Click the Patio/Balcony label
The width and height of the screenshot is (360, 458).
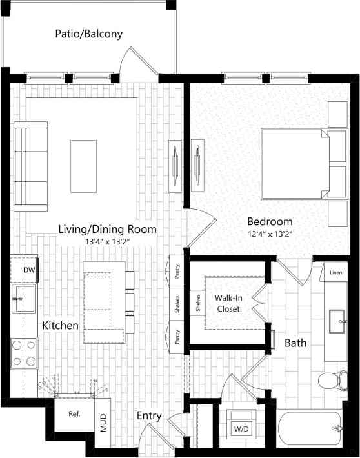click(88, 34)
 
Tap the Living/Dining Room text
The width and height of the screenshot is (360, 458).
click(107, 229)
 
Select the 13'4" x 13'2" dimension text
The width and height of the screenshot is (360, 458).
click(107, 242)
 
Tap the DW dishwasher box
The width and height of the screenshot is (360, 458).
click(29, 270)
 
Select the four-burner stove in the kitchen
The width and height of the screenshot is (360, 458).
click(25, 353)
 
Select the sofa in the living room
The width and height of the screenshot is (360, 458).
click(30, 166)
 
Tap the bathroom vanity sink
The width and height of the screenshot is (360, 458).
click(336, 319)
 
